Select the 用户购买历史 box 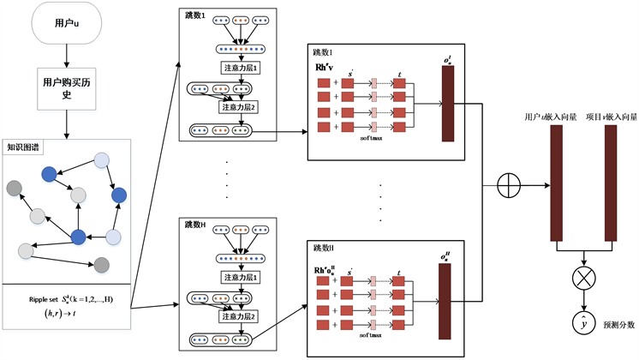click(x=67, y=91)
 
